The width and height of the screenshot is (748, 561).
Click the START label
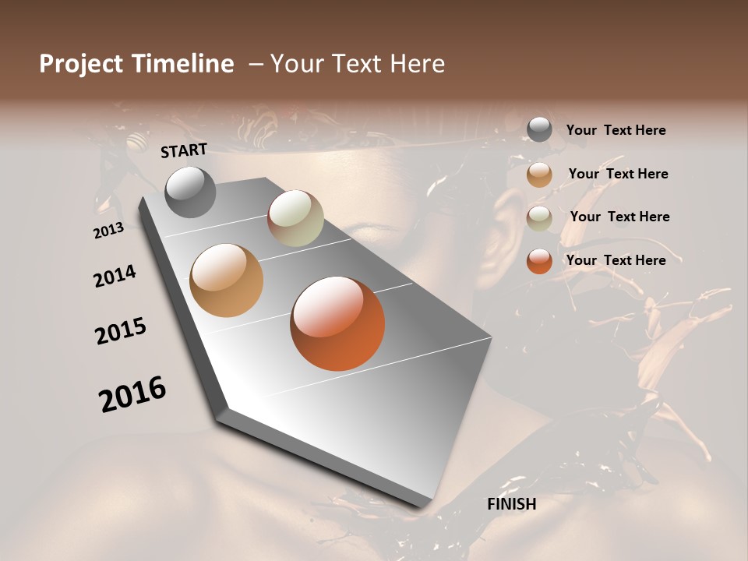[x=184, y=150]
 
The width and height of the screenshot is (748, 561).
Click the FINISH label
[x=511, y=504]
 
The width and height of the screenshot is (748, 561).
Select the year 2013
[x=108, y=231]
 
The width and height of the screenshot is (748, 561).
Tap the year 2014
[x=115, y=277]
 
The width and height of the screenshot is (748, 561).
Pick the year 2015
[x=121, y=331]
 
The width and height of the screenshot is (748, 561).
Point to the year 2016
[x=132, y=393]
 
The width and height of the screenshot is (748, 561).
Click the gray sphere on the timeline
[x=191, y=192]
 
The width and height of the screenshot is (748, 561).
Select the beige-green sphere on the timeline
[x=295, y=218]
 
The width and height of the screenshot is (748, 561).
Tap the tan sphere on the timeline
[x=227, y=280]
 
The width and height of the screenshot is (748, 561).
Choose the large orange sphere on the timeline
[x=337, y=323]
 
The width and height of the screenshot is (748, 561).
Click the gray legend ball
[x=539, y=130]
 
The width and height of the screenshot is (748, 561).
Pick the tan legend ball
[x=539, y=175]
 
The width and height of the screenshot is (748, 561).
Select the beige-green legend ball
[x=539, y=218]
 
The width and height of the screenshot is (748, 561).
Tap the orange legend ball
[x=539, y=261]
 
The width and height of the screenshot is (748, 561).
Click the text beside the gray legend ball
[x=616, y=131]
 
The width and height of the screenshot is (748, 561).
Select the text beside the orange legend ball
[x=616, y=260]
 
